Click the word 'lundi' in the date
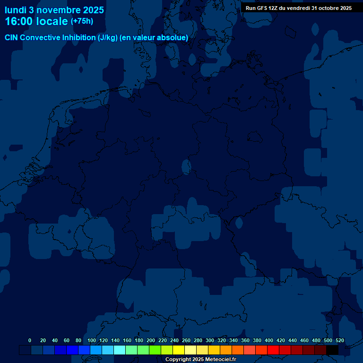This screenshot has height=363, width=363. click(16, 9)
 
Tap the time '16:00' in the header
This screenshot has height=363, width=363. click(20, 21)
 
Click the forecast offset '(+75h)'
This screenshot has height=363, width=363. click(82, 21)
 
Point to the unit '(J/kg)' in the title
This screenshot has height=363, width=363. click(108, 38)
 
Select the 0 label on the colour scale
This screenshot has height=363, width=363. click(30, 341)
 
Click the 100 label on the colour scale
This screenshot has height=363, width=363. click(92, 341)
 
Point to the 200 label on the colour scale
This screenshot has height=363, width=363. click(151, 341)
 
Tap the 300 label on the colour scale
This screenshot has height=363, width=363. click(210, 341)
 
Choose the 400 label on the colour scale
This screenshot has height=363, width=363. click(269, 341)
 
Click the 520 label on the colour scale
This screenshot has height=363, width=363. click(340, 341)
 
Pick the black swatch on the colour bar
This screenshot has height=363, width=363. click(332, 350)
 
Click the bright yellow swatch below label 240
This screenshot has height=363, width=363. click(179, 350)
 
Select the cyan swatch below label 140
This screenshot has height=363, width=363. click(120, 350)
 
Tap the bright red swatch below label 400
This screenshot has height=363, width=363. click(273, 350)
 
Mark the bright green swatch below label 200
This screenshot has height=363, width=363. click(155, 350)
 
